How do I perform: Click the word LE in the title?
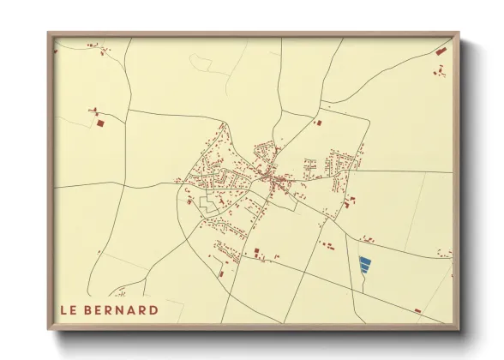pyautogui.click(x=68, y=309)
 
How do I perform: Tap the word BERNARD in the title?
pyautogui.click(x=123, y=309)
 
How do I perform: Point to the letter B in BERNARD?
pyautogui.click(x=91, y=309)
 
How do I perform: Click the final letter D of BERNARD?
pyautogui.click(x=153, y=309)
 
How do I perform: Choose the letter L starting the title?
pyautogui.click(x=63, y=309)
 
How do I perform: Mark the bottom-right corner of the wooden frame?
pyautogui.click(x=459, y=330)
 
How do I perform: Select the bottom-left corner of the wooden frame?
pyautogui.click(x=49, y=330)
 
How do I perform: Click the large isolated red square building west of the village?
pyautogui.click(x=99, y=123)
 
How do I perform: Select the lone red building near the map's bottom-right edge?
pyautogui.click(x=417, y=309)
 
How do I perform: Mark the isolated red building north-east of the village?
pyautogui.click(x=318, y=123)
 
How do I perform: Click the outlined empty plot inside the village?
pyautogui.click(x=208, y=203)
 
